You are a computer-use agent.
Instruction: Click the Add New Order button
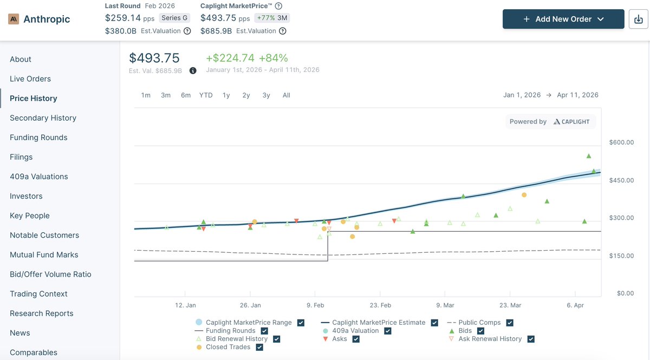pos(563,19)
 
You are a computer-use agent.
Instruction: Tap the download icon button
pos(639,19)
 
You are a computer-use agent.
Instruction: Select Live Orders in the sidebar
pos(30,78)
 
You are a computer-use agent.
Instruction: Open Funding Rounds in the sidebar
pos(38,138)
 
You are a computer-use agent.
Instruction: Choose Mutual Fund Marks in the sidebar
pos(44,254)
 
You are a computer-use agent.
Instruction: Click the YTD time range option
pos(206,95)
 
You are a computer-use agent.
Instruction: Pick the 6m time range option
pos(186,95)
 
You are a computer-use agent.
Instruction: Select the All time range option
pos(287,95)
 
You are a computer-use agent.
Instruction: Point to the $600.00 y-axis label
pos(621,142)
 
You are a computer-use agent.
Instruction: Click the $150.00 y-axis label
pos(621,256)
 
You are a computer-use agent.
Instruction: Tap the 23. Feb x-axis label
pos(380,305)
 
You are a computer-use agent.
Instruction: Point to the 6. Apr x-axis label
pos(575,305)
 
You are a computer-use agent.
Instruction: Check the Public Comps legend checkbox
pos(510,323)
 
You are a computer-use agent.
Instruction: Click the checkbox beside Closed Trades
pos(259,347)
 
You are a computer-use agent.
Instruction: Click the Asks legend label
pos(340,339)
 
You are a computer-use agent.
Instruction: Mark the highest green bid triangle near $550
pos(589,156)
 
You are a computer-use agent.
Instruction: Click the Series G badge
pos(174,18)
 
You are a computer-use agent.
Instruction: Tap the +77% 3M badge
pos(272,18)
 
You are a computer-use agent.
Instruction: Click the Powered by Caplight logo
pos(550,122)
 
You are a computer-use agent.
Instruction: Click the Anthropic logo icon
pos(14,19)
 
